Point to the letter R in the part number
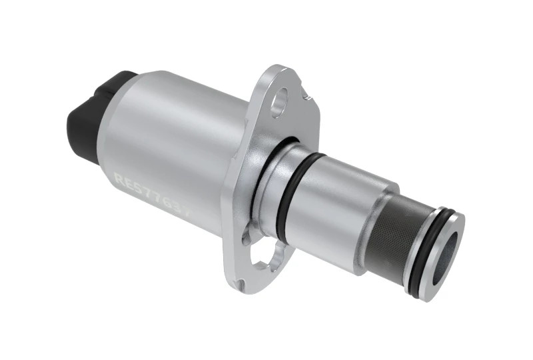click(x=119, y=179)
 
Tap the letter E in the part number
click(x=129, y=181)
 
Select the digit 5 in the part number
click(x=137, y=185)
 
